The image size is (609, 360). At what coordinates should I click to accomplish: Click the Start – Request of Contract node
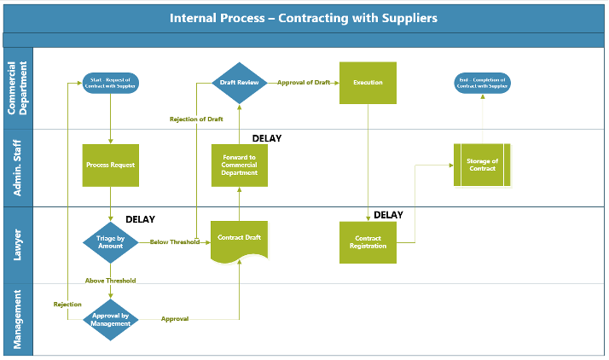click(x=111, y=83)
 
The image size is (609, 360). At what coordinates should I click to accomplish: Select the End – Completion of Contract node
click(x=482, y=83)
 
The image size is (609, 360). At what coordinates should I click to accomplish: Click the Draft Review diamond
click(x=240, y=83)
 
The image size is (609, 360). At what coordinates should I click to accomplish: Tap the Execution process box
click(x=368, y=83)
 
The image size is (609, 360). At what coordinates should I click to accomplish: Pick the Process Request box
click(x=111, y=165)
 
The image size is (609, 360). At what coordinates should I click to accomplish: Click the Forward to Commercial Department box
click(x=240, y=165)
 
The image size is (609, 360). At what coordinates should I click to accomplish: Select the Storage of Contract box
click(x=482, y=165)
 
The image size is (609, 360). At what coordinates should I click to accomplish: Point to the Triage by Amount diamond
click(x=111, y=242)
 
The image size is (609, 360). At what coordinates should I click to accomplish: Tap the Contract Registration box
click(x=368, y=242)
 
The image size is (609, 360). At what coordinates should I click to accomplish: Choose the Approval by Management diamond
click(x=111, y=320)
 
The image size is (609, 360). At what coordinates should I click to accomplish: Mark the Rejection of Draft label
click(x=195, y=119)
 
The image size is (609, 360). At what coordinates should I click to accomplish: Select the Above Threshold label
click(x=110, y=281)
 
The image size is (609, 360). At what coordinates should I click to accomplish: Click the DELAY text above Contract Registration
click(x=388, y=215)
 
